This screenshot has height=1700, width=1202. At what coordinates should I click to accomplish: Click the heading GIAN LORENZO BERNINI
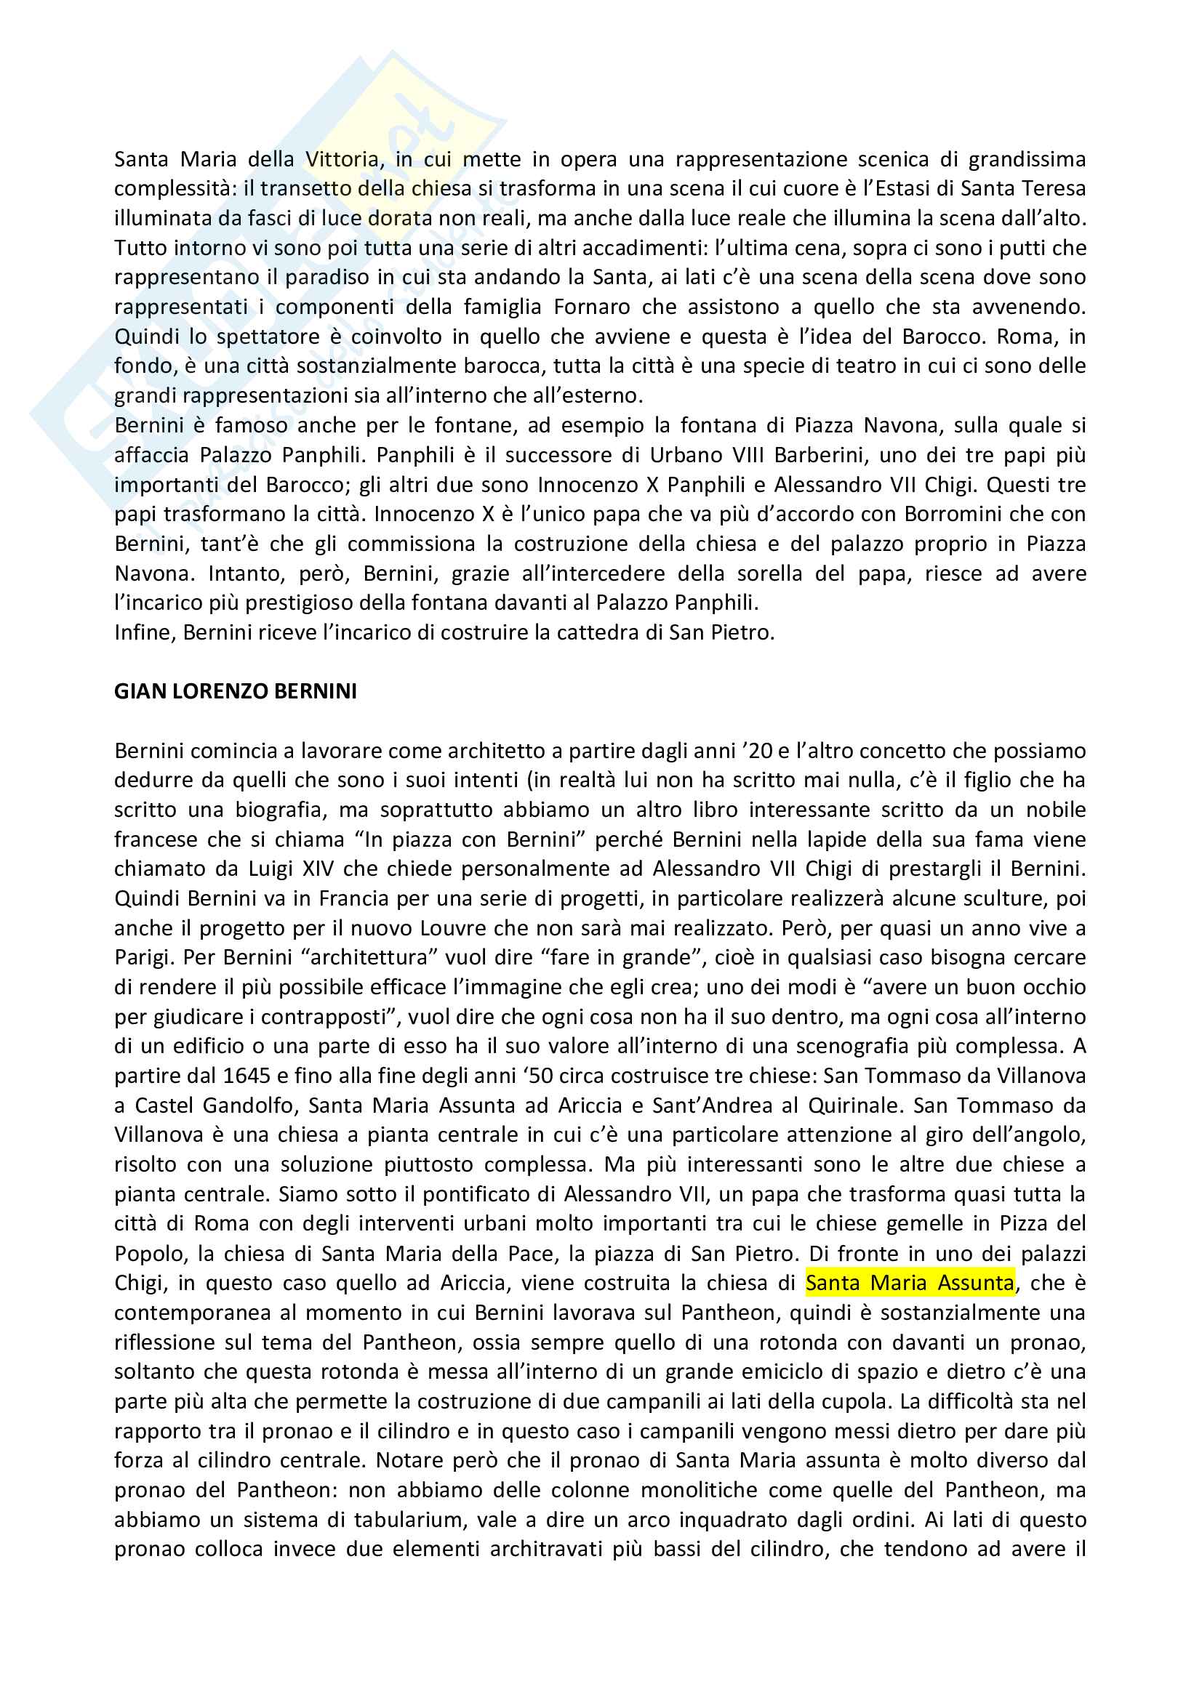click(x=236, y=691)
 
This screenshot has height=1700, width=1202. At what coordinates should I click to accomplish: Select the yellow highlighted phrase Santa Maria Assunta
click(x=910, y=1283)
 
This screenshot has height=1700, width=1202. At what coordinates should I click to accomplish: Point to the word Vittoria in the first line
click(x=342, y=159)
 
